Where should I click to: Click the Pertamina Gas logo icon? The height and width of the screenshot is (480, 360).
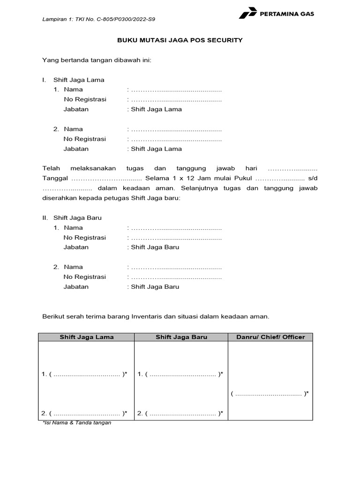[x=247, y=14]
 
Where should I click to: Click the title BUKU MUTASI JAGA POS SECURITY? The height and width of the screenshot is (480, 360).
[x=180, y=40]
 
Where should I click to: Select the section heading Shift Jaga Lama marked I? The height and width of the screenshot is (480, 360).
[x=79, y=80]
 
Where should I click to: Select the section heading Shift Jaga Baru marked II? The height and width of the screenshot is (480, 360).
[x=77, y=218]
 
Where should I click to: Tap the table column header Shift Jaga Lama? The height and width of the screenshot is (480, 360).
[x=86, y=337]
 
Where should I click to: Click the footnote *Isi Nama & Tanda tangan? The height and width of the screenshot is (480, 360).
[x=77, y=423]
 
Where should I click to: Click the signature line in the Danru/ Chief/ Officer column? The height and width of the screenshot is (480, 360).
[x=269, y=394]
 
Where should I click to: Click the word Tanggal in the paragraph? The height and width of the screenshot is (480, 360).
[x=55, y=179]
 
